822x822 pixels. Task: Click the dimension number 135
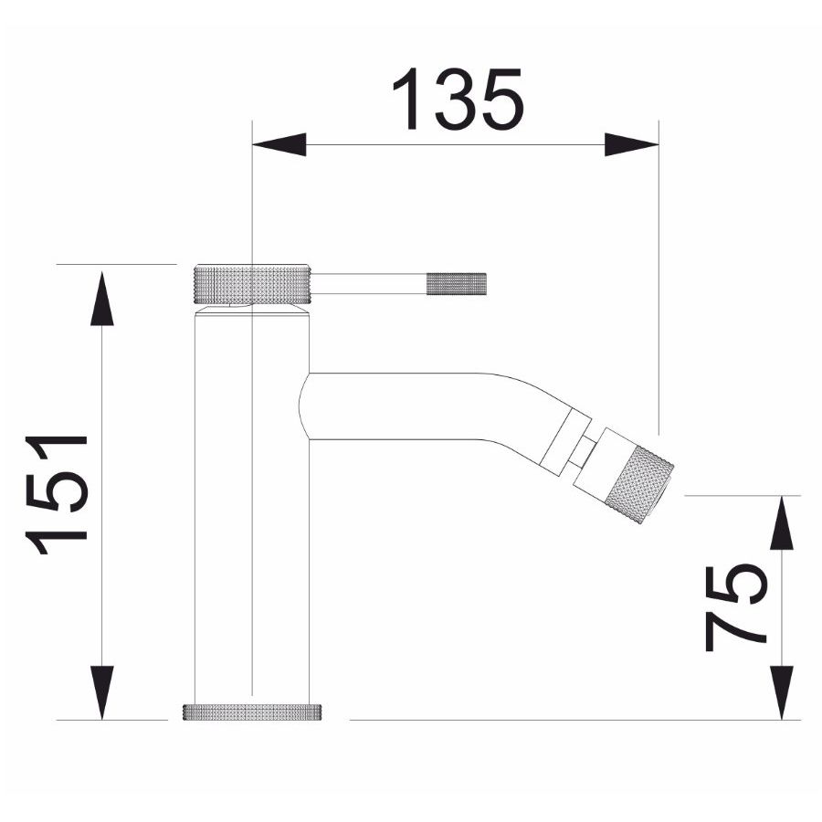[x=458, y=99]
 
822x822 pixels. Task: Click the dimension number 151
[x=57, y=494]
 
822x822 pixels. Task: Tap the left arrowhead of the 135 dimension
[x=279, y=144]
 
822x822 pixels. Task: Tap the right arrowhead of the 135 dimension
[x=632, y=144]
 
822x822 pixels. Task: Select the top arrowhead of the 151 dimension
[x=101, y=299]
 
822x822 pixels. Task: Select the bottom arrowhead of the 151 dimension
[x=101, y=692]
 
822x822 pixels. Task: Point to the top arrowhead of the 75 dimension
[x=782, y=522]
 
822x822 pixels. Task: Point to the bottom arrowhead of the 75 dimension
[x=782, y=692]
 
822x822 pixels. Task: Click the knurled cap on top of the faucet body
[x=254, y=284]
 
